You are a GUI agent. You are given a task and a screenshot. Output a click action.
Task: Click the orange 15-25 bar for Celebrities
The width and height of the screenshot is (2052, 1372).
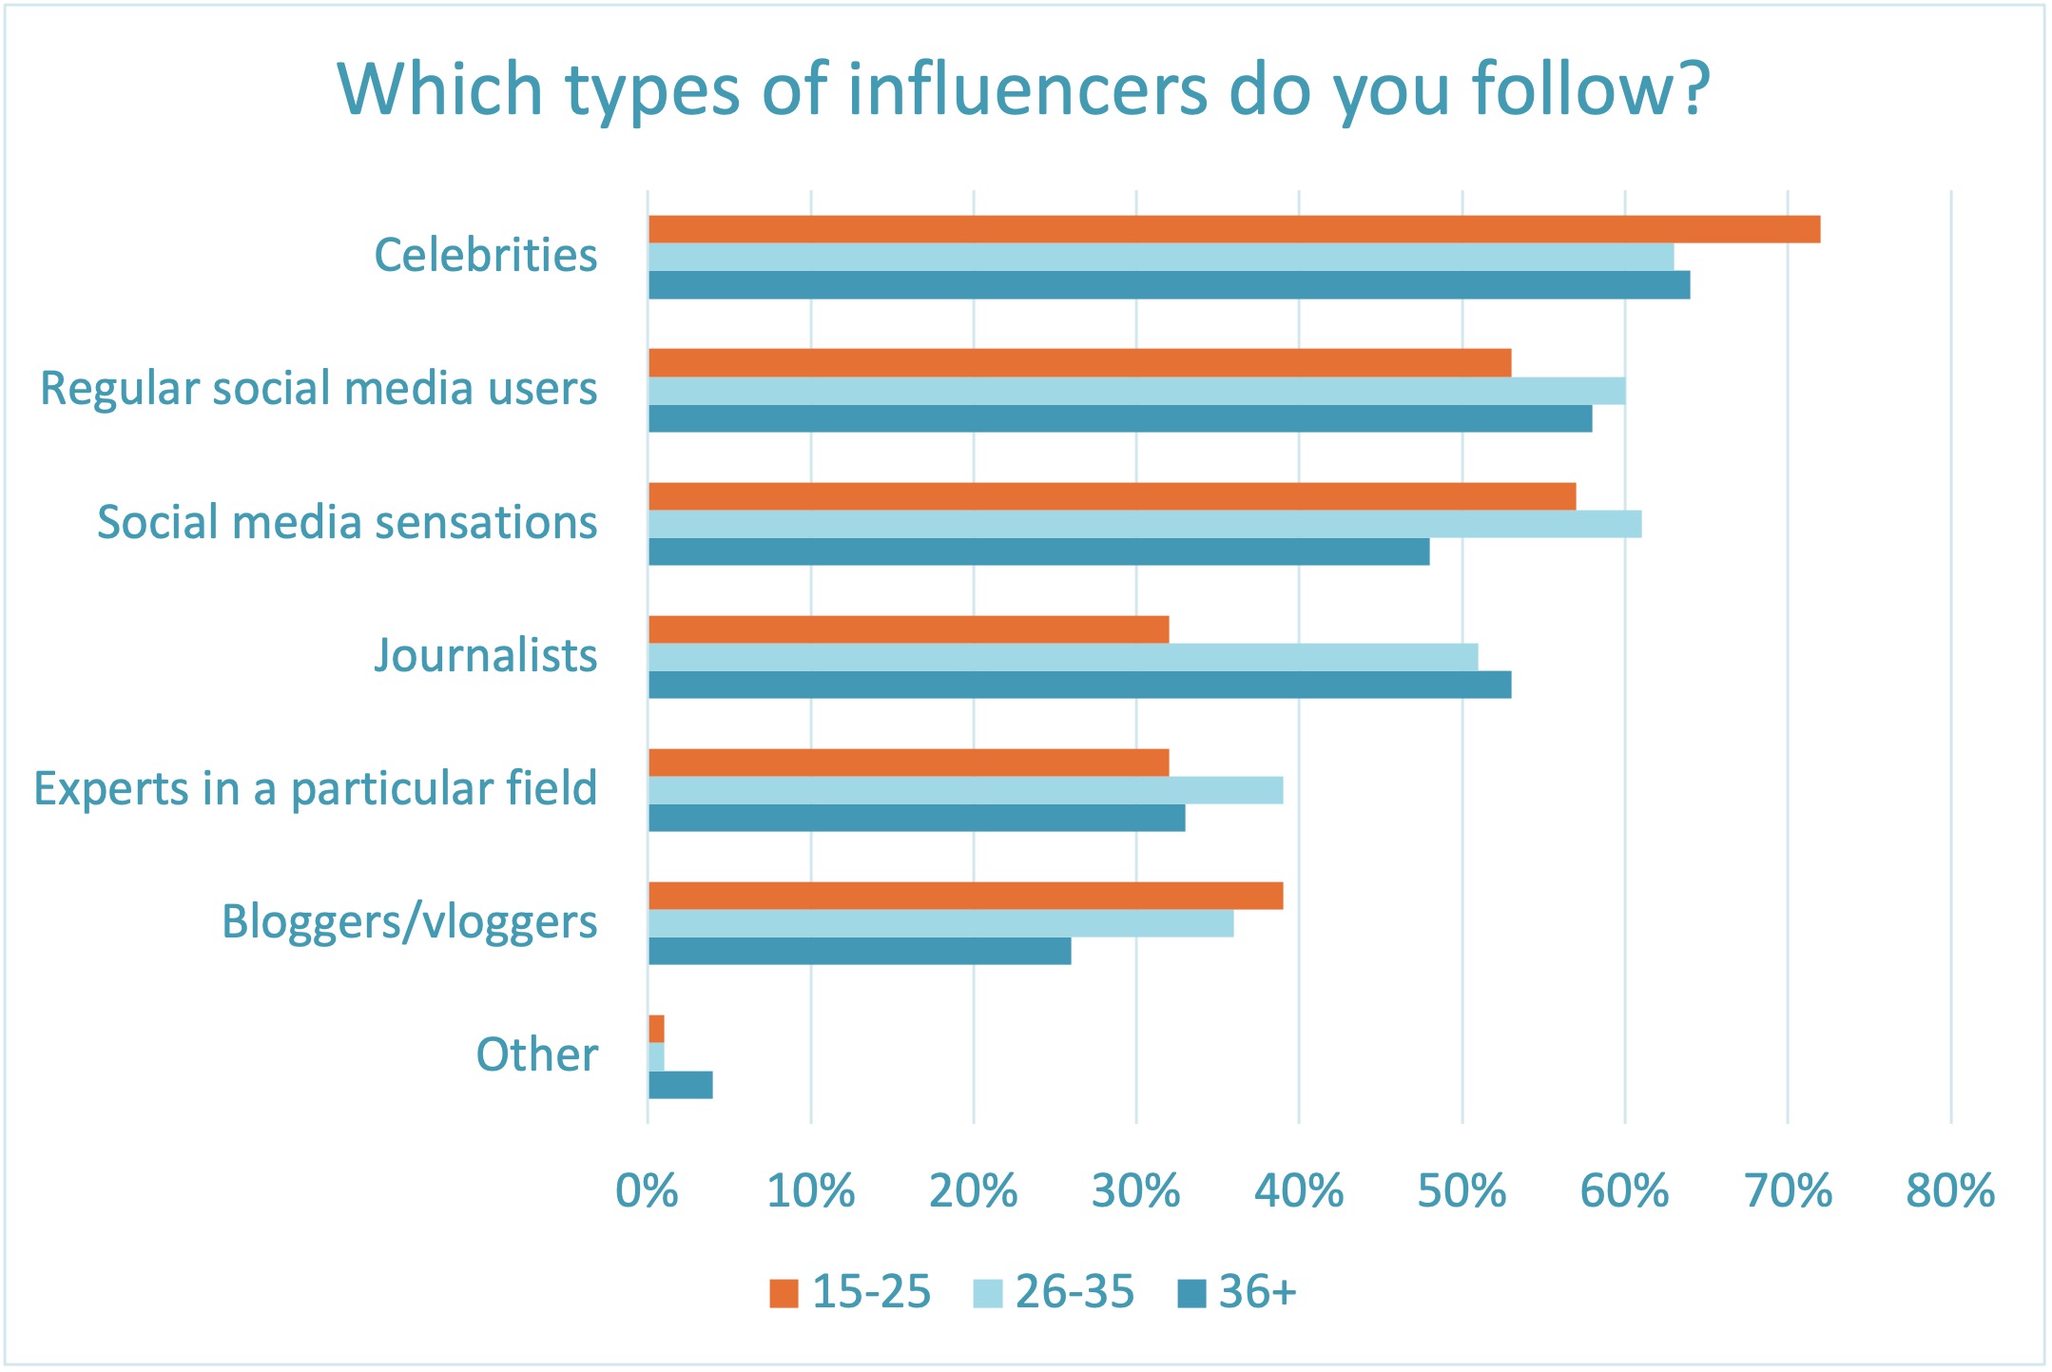coord(1233,229)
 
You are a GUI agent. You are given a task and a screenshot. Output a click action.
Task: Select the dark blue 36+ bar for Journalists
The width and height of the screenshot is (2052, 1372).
coord(1079,685)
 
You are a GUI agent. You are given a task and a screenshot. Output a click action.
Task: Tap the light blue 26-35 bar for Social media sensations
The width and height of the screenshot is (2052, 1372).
coord(1144,524)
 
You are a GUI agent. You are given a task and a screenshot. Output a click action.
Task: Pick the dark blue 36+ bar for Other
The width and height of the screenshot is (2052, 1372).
coord(681,1085)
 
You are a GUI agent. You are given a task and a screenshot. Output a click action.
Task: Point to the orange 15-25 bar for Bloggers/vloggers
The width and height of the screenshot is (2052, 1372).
coord(965,896)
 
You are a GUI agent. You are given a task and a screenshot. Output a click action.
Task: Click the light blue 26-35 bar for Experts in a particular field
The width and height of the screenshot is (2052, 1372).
coord(965,790)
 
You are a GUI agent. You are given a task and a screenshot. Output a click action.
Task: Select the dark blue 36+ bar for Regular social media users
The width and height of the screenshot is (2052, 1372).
coord(1120,418)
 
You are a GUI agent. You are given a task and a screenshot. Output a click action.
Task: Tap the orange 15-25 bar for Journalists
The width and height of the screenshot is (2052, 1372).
coord(908,629)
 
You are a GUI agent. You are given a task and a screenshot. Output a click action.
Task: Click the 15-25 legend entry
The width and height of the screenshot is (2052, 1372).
coord(850,1292)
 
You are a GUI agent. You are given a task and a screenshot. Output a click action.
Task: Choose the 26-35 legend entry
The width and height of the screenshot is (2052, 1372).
coord(1055,1292)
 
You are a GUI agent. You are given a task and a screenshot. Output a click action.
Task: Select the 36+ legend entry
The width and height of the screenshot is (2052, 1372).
coord(1238,1292)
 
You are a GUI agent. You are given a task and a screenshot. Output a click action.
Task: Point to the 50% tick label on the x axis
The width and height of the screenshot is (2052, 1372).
coord(1462,1191)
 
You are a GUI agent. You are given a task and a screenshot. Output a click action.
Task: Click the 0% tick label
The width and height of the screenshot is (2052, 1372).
coord(647,1191)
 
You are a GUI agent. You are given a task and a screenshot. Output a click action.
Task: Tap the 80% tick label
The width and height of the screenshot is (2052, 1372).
coord(1950,1191)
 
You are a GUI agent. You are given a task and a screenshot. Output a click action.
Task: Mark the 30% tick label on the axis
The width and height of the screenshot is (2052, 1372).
coord(1135,1191)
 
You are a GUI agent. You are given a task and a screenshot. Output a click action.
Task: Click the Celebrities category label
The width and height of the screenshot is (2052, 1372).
coord(486,255)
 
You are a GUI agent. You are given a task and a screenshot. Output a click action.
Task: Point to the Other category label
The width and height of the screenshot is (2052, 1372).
coord(537,1054)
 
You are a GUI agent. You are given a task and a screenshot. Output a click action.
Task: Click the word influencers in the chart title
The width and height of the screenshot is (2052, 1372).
coord(1027,89)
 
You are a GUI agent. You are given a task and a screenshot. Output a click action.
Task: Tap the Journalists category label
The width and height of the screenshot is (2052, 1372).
coord(486,655)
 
